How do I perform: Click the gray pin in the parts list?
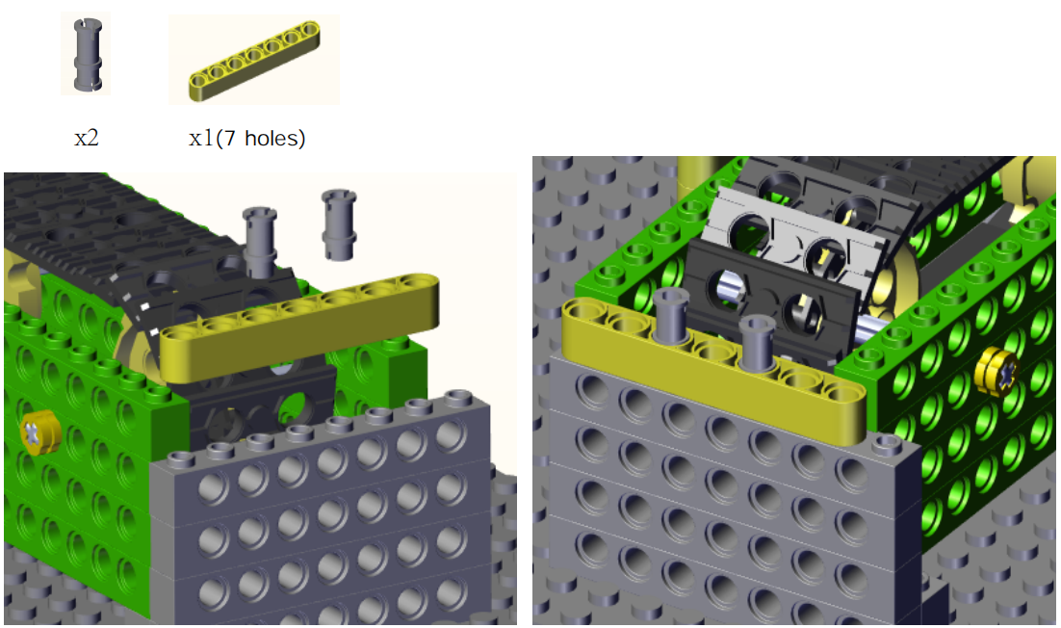[88, 54]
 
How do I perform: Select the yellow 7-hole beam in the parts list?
[254, 61]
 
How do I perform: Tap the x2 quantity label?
[87, 138]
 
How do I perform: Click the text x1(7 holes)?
[247, 138]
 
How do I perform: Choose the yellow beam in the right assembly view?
[713, 369]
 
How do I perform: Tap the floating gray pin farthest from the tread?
[339, 224]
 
